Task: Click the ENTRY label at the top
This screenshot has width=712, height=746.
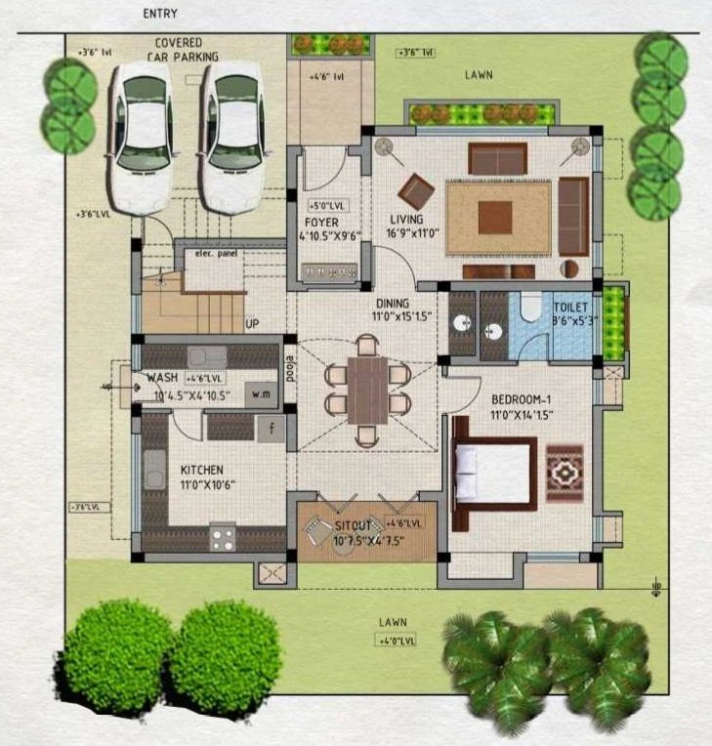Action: tap(162, 14)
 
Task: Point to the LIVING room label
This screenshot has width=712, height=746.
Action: tap(406, 220)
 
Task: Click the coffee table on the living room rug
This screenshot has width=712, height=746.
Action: tap(494, 217)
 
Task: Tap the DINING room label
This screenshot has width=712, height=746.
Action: tap(393, 303)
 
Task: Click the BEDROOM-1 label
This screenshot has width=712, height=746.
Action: tap(523, 399)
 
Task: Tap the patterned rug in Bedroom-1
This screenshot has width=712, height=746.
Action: tap(565, 473)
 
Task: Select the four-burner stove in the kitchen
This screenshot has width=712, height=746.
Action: tap(223, 536)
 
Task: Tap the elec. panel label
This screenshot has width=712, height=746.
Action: tap(214, 254)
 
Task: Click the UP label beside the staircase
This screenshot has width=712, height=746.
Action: tap(252, 324)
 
